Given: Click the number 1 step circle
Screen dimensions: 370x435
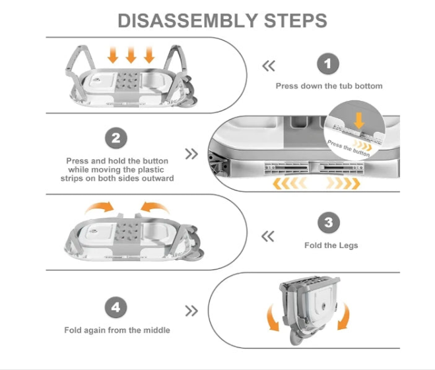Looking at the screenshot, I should tap(328, 65).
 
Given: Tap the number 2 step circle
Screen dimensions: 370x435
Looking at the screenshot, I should tap(116, 139).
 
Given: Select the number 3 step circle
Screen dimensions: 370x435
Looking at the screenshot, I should tap(328, 223).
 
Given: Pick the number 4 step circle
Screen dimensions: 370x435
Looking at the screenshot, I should tap(116, 308).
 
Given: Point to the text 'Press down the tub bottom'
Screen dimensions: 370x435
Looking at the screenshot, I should tap(329, 86).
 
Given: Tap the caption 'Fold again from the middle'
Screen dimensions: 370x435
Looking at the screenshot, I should tap(117, 329).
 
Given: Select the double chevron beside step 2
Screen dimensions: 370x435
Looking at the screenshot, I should tap(191, 154).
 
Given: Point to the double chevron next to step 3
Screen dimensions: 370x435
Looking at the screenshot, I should tap(268, 236).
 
